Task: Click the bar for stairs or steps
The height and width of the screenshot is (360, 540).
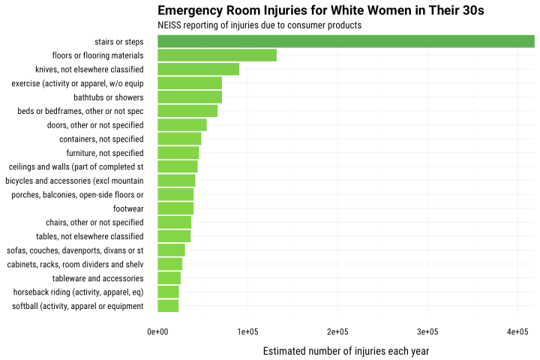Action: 346,41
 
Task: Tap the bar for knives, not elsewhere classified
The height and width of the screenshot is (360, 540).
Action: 198,69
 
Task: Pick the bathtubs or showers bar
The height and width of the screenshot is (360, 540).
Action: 190,97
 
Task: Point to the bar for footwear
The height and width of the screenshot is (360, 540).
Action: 175,208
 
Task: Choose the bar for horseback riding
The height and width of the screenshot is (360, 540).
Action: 168,292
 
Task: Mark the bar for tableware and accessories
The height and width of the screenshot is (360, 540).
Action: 169,278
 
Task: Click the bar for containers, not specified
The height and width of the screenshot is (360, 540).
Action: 179,139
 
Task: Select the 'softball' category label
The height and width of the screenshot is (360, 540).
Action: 78,306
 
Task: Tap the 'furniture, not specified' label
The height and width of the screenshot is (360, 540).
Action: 105,153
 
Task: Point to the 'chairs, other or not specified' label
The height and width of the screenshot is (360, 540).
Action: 94,223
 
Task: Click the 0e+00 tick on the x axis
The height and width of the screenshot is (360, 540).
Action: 157,331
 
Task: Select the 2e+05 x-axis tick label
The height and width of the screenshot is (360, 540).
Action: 337,331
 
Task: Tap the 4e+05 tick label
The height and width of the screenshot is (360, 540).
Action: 517,331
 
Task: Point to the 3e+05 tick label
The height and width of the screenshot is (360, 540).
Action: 427,331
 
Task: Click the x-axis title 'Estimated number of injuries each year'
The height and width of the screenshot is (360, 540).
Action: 346,350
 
